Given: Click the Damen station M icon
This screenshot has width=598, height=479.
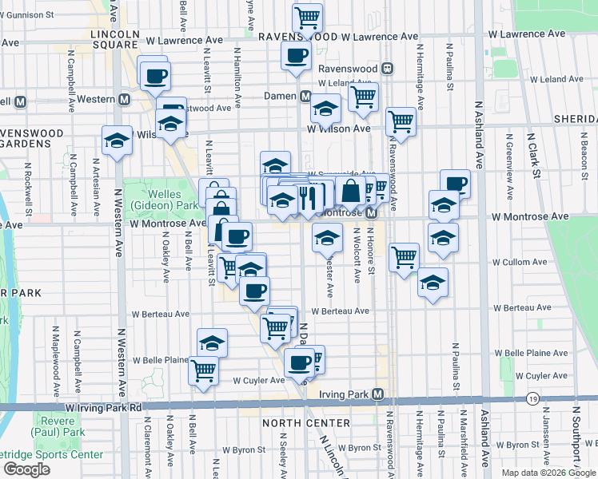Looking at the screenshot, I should point(305,97).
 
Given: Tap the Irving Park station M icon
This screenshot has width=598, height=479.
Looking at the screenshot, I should point(377,394).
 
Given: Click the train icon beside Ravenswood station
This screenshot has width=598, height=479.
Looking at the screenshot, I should point(387,69).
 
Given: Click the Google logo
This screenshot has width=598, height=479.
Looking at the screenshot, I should point(26,469).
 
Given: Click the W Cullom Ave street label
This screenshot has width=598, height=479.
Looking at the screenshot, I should point(519,262).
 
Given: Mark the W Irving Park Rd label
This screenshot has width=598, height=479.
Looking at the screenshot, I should point(105,407).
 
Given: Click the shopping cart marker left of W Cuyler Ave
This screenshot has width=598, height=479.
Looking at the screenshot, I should point(204,369).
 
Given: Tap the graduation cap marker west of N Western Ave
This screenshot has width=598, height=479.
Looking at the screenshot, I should point(118,141).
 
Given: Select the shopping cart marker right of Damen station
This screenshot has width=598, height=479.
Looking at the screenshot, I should point(364,97).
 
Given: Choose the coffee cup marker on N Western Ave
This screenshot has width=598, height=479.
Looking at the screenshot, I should point(155,76).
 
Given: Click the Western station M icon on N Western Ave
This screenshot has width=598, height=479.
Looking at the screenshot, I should point(124,100).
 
